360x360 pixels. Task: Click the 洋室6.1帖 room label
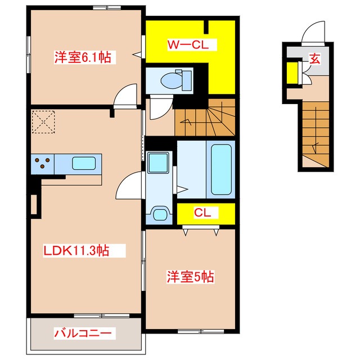[82, 57]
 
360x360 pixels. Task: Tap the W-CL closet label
[188, 45]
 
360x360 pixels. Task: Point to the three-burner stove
[42, 163]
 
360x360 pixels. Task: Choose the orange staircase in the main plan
[204, 116]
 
